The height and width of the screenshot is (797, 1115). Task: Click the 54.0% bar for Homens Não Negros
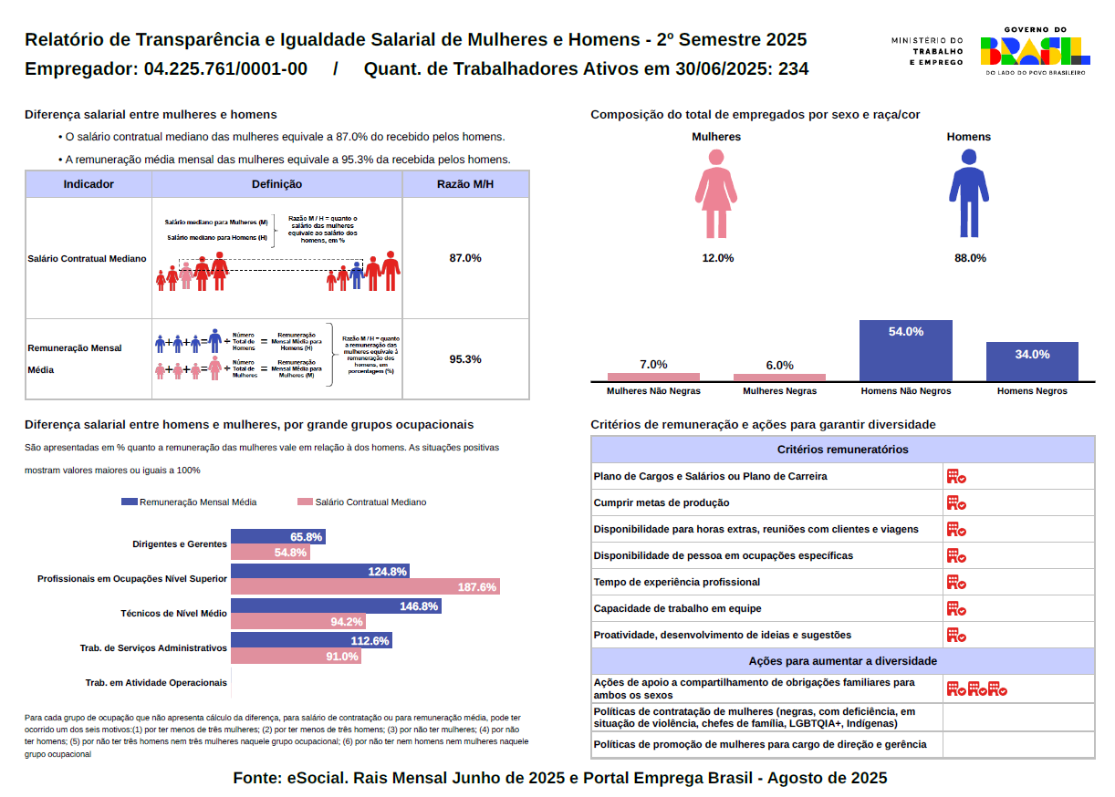tap(906, 350)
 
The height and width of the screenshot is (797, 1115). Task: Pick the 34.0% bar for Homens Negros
tap(1032, 361)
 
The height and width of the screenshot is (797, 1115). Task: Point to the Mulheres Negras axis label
tap(779, 391)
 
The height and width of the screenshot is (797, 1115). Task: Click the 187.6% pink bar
tap(365, 586)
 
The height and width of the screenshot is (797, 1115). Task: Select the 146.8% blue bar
tap(336, 606)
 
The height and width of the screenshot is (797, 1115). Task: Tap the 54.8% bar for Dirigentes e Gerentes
tap(270, 553)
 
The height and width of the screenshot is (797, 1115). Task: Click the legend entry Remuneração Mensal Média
tap(189, 502)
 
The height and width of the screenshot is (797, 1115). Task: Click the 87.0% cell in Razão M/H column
tap(465, 258)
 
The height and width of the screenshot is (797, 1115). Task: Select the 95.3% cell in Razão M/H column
tap(465, 359)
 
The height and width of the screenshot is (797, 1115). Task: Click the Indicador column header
tap(89, 184)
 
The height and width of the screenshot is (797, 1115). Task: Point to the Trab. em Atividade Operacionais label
tap(155, 682)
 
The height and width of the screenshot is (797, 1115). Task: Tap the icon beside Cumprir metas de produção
tap(955, 502)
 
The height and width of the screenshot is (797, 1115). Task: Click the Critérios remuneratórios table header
tap(842, 450)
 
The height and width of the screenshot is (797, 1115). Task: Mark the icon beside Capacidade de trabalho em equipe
tap(955, 608)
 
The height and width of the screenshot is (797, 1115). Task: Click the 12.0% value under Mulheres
tap(717, 258)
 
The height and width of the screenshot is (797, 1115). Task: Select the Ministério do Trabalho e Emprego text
tap(926, 51)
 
